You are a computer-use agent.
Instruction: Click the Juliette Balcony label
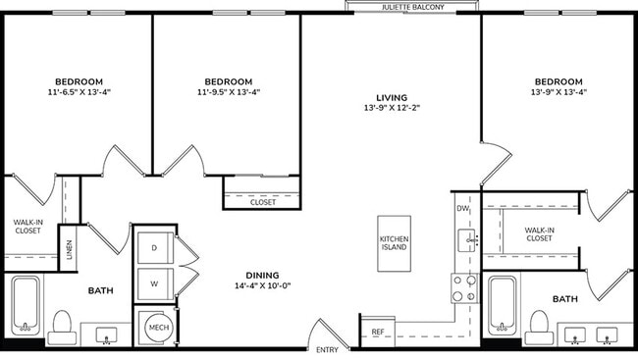point(412,7)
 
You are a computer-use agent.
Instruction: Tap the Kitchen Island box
point(394,244)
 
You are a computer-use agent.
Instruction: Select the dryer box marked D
point(155,249)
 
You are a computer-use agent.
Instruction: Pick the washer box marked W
point(155,284)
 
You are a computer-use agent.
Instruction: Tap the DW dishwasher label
point(462,208)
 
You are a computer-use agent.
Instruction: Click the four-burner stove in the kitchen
point(463,286)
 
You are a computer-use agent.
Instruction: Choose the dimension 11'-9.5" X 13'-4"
point(228,93)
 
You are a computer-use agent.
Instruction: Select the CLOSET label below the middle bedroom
point(262,203)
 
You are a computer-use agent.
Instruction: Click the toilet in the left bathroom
point(62,324)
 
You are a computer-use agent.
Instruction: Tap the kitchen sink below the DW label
point(469,238)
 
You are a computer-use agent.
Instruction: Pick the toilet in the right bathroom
point(538,324)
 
